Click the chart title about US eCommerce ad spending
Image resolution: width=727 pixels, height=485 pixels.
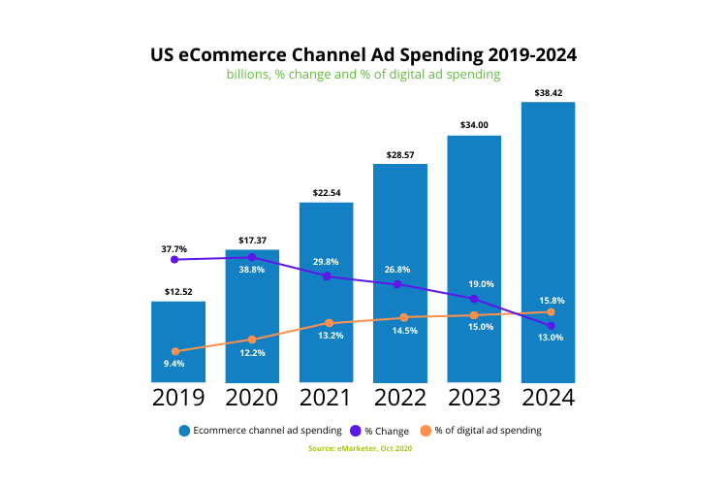point(363,54)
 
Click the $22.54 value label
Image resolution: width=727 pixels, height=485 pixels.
point(326,193)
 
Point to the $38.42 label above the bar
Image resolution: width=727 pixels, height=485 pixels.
point(549,93)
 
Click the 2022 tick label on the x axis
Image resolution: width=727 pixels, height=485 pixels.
point(400,398)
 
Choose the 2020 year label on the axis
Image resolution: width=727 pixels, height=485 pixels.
point(252,398)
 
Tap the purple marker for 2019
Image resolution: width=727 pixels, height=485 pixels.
point(174,260)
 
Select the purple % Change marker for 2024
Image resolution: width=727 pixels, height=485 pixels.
point(551,326)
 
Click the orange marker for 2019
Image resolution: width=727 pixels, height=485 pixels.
point(175,351)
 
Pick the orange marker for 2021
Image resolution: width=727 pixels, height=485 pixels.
point(329,323)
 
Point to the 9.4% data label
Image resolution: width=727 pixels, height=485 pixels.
point(174,364)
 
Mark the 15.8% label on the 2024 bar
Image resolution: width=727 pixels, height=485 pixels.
point(551,301)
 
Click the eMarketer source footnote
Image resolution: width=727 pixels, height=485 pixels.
point(363,448)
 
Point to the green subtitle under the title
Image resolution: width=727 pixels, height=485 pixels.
point(363,75)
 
